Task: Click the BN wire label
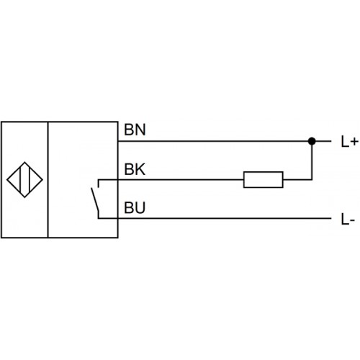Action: [135, 130]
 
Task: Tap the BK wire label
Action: [135, 169]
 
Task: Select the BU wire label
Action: [135, 207]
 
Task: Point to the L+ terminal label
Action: [350, 141]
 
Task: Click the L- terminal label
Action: [348, 219]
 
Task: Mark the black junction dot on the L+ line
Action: [312, 141]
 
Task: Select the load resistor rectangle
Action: [264, 179]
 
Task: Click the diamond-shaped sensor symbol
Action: [24, 180]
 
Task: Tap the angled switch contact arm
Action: [95, 199]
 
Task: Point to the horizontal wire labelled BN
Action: [225, 141]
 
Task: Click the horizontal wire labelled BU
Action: [215, 218]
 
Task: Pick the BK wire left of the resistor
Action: [171, 179]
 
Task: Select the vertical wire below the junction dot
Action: [312, 161]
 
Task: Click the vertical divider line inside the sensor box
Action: [48, 180]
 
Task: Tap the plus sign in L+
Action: [354, 142]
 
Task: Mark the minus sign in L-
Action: [352, 220]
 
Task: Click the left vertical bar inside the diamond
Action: [20, 180]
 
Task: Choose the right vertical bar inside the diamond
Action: [29, 180]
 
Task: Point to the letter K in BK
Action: [140, 169]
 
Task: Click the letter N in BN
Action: [140, 130]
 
